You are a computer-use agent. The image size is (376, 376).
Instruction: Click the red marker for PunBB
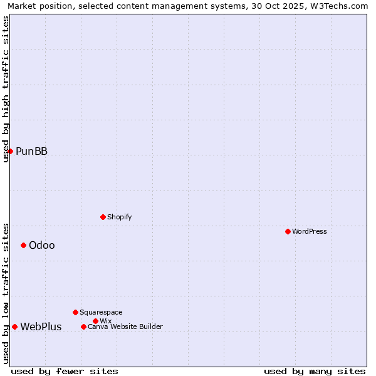tap(10, 151)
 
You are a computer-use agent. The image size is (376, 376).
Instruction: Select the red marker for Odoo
tap(23, 245)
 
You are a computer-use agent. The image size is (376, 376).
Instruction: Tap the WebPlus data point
tap(14, 326)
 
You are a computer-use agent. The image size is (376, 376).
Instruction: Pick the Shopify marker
tap(103, 217)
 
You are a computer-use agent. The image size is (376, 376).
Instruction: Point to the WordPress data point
tap(288, 231)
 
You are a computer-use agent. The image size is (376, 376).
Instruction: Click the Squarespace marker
tap(75, 312)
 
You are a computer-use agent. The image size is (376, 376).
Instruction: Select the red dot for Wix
tap(95, 321)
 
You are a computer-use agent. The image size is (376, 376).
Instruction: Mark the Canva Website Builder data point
tap(83, 326)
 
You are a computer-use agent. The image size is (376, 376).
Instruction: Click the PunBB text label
tap(31, 151)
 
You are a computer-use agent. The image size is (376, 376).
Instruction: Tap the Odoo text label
tap(41, 245)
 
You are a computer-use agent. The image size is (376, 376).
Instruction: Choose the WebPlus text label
tap(41, 326)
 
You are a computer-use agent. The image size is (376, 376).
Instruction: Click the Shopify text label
tap(119, 217)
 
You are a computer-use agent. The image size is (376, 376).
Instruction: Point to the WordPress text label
tap(309, 231)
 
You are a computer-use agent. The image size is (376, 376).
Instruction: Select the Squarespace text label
tap(101, 312)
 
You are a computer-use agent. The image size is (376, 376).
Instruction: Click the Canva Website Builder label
tap(125, 326)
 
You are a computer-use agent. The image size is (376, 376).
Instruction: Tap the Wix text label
tap(105, 321)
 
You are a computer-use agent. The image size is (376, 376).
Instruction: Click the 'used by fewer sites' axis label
tap(65, 371)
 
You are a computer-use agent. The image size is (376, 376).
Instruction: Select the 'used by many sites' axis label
tap(315, 371)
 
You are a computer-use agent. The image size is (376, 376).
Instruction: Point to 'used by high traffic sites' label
tap(6, 89)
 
